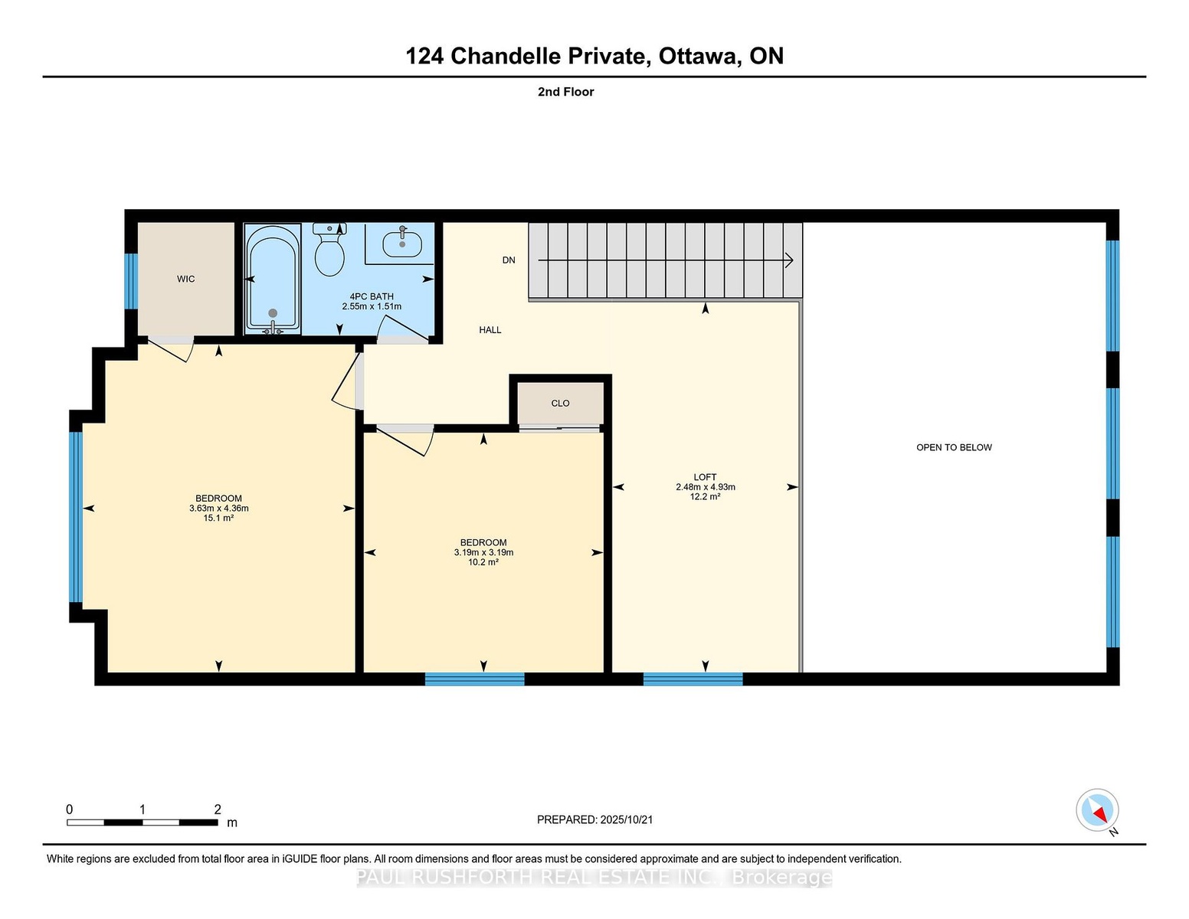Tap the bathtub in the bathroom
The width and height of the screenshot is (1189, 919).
coord(273,278)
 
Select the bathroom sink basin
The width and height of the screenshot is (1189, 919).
coord(402,244)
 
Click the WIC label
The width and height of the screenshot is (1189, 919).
coord(185,279)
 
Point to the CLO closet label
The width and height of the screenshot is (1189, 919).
coord(560,403)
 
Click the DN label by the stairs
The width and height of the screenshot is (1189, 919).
coord(509,260)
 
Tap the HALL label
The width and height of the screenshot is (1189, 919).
coord(490,329)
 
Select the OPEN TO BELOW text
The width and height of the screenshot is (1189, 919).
coord(954,447)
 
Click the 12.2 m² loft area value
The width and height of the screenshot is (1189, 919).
coord(706,496)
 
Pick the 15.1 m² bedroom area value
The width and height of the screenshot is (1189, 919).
coord(218,518)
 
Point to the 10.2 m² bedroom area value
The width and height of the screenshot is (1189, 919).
coord(483,562)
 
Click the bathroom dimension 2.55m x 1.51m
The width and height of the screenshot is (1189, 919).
coord(372,306)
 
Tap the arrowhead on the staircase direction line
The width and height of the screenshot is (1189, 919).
coord(790,260)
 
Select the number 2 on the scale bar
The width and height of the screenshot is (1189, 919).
coord(218,809)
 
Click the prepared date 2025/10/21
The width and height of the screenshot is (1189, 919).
coord(627,819)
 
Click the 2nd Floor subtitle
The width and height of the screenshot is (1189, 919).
coord(566,92)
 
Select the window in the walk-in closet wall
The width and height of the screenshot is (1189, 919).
coord(131,281)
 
